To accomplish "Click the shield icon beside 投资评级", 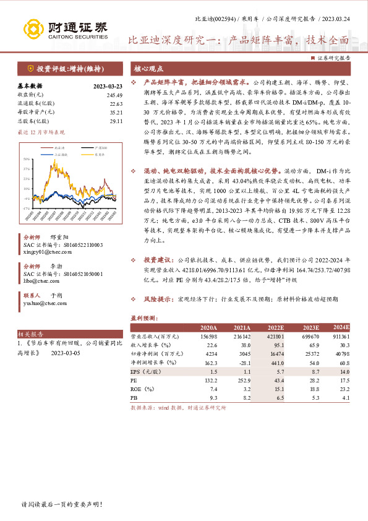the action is click(30, 69).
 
